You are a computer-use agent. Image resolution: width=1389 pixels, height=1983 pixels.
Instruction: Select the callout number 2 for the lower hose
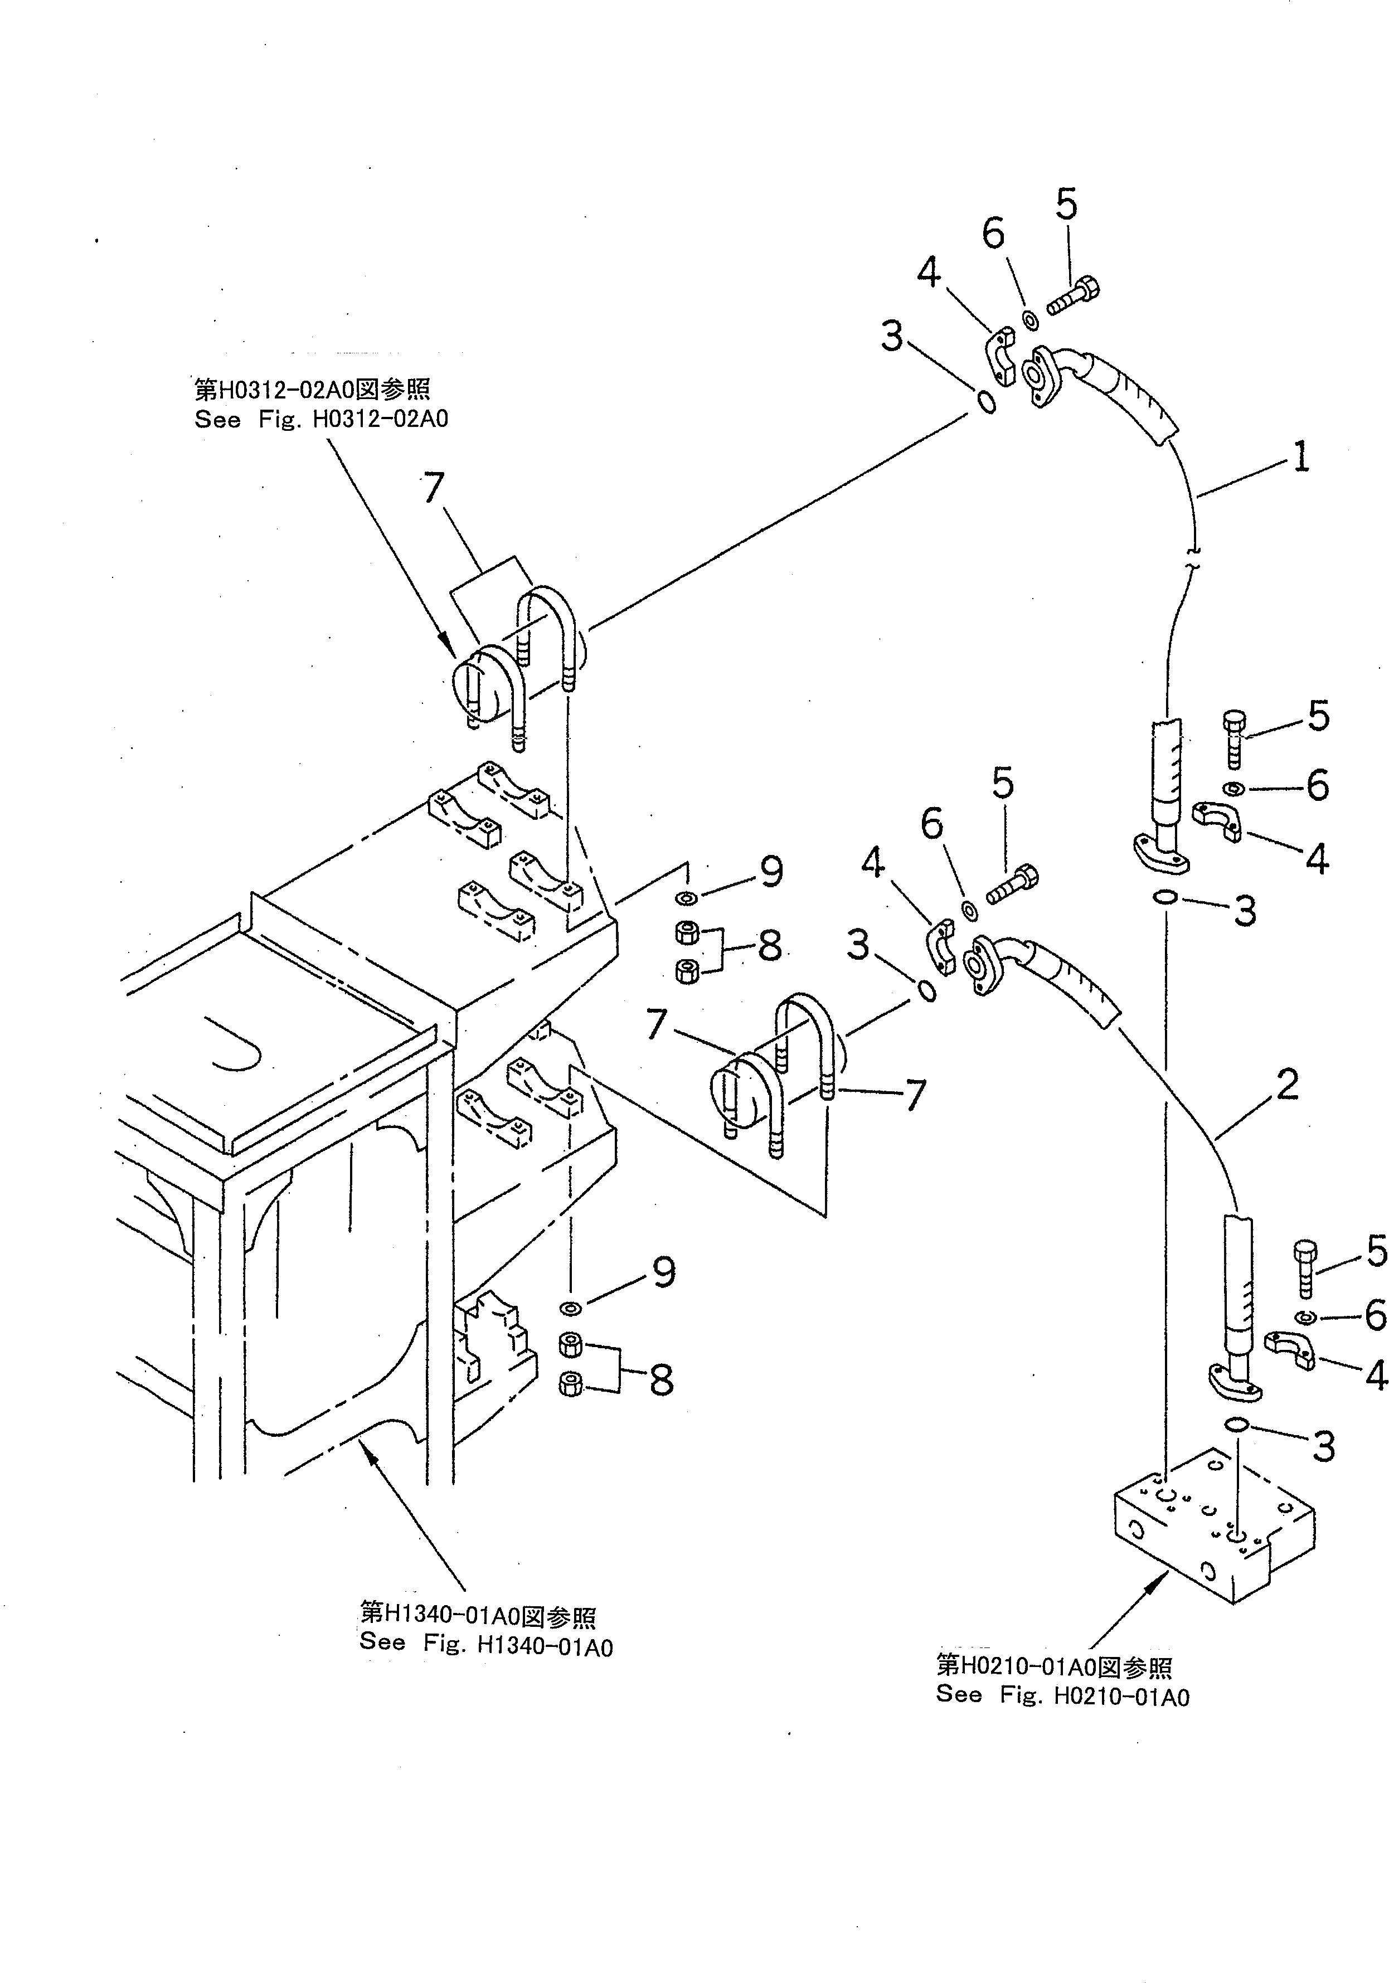click(x=1287, y=1084)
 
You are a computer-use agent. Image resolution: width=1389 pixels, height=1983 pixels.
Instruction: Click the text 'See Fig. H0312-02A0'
click(x=322, y=420)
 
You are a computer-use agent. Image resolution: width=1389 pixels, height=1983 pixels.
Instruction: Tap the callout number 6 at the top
click(x=993, y=233)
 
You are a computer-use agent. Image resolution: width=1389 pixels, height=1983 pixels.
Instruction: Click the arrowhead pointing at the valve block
click(x=1161, y=1579)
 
